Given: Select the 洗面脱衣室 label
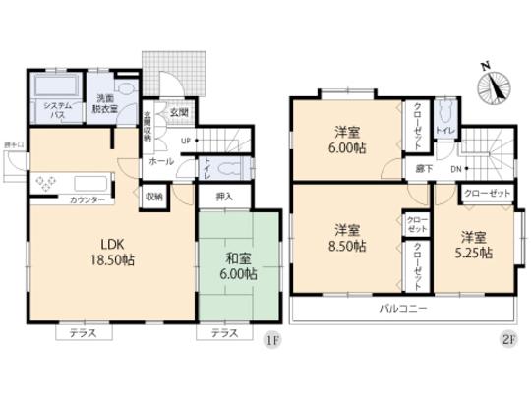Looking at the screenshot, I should click(x=105, y=103).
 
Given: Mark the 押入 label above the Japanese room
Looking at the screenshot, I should click(x=225, y=197).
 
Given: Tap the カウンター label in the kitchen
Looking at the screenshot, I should click(x=88, y=200).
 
